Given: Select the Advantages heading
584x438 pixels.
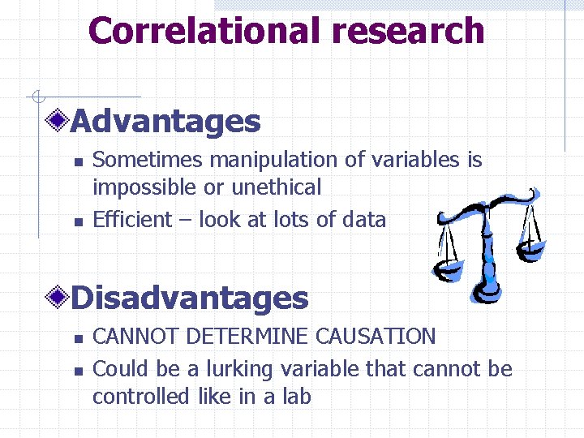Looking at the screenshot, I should point(165,122).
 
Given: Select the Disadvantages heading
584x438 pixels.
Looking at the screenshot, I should point(190,298).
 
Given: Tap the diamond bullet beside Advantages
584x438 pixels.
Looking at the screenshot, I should point(58,122).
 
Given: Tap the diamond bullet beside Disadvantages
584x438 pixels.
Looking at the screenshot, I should point(58,298).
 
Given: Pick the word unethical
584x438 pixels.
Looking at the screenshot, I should point(277,187).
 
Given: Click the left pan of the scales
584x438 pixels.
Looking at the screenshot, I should point(448,268).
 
